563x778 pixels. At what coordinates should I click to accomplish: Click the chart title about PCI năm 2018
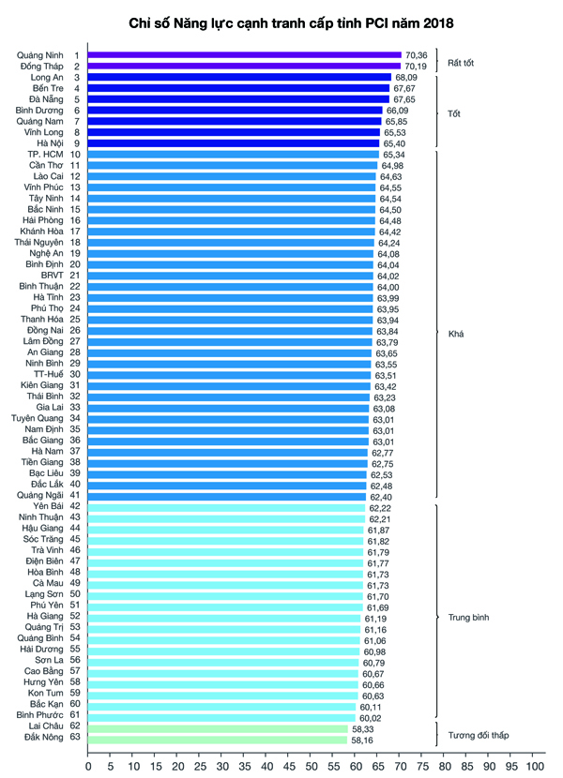(281, 19)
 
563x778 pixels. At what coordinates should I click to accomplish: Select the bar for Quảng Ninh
(244, 55)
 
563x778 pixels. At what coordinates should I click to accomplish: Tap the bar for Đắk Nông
(217, 739)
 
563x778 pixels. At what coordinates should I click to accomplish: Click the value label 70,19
(416, 67)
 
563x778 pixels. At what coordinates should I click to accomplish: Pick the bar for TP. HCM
(233, 154)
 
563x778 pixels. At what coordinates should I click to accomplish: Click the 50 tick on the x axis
(312, 766)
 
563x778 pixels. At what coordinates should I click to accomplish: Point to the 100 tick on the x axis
(534, 766)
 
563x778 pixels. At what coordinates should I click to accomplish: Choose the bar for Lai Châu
(218, 727)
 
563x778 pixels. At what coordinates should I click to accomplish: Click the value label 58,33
(362, 727)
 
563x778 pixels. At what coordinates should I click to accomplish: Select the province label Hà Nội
(49, 142)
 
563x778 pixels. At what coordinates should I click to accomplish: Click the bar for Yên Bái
(226, 507)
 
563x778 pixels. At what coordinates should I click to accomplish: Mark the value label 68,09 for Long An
(406, 77)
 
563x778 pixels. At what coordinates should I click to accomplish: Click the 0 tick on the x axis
(88, 766)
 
